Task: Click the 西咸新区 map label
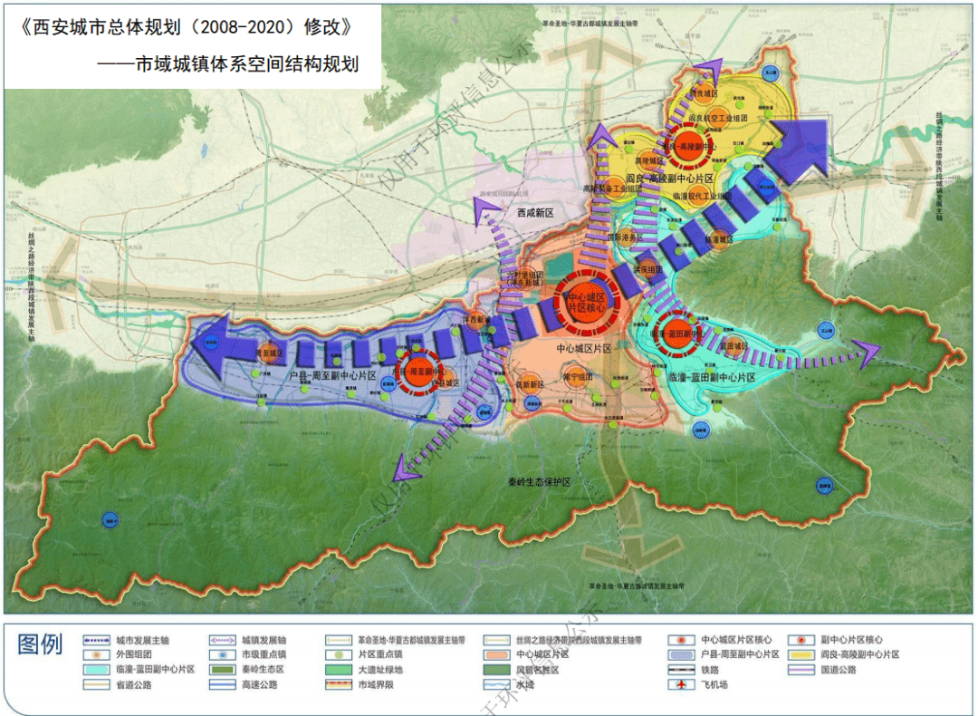[534, 213]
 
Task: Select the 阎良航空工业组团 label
[718, 118]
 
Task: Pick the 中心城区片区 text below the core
[584, 348]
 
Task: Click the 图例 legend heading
[41, 645]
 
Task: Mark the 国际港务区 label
[625, 237]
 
